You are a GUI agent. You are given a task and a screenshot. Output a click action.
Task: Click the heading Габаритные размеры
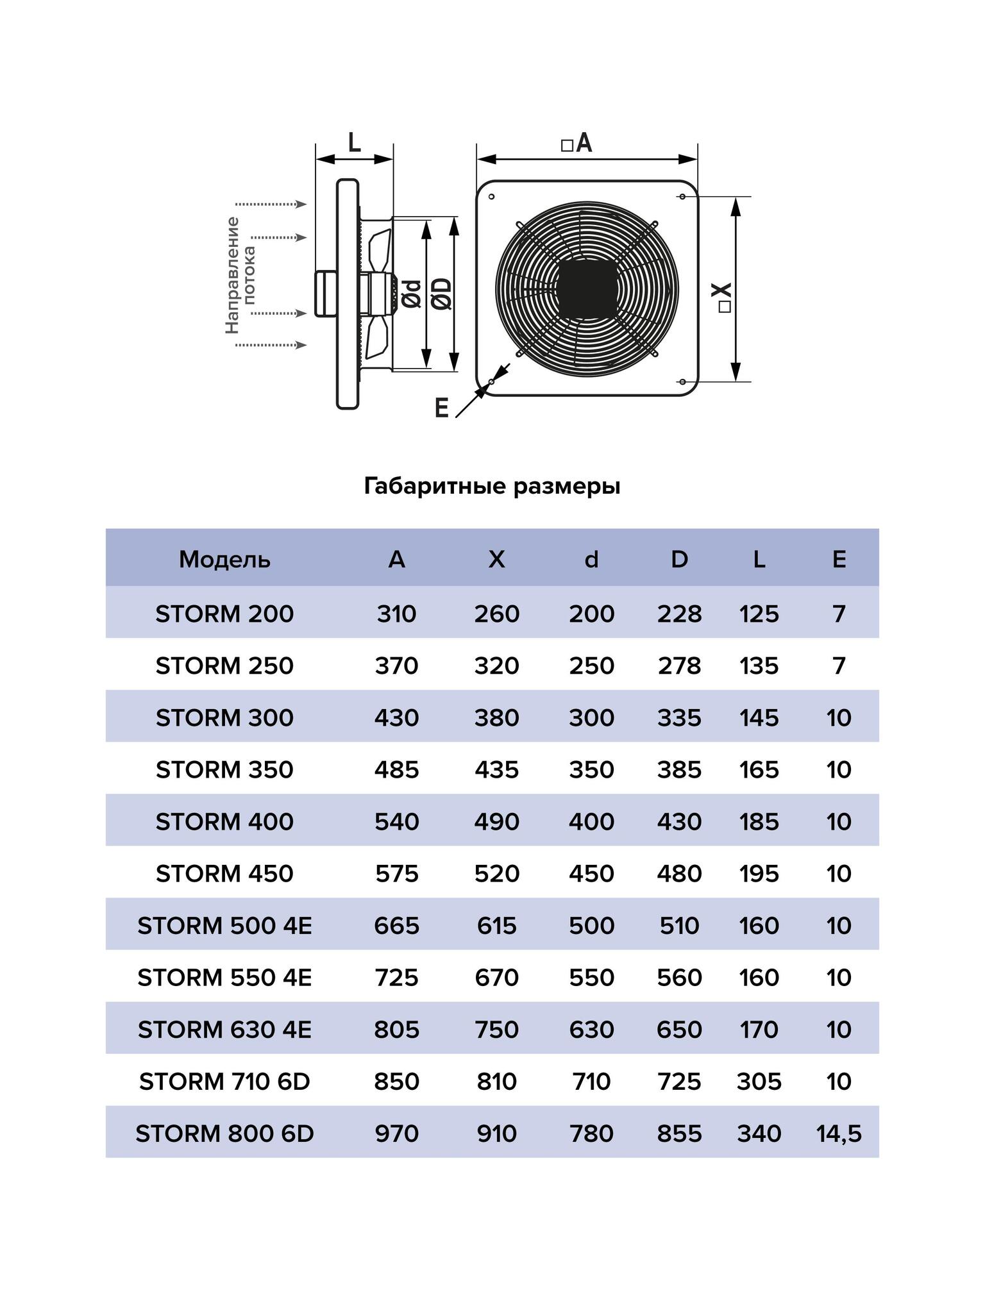coord(492,487)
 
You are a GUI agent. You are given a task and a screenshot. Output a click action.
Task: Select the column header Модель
coord(224,560)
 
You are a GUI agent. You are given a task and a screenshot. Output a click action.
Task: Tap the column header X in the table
coord(496,560)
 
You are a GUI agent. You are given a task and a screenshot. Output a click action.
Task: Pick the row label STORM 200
coord(224,614)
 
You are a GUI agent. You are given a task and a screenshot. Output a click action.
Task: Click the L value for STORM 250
coord(759,665)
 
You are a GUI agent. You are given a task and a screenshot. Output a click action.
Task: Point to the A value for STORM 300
coord(396,717)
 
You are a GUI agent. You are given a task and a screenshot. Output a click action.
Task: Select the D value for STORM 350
coord(679,769)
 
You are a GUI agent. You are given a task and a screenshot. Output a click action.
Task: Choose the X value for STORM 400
coord(496,821)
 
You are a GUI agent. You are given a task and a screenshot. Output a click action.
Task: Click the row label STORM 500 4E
coord(224,925)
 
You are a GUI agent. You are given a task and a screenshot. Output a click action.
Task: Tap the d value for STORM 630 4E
coord(591,1029)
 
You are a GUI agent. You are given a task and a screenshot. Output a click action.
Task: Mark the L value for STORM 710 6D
coord(759,1081)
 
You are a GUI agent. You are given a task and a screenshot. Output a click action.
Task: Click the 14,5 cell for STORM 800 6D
coord(838,1133)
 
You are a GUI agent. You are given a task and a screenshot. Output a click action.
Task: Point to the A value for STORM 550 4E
coord(396,977)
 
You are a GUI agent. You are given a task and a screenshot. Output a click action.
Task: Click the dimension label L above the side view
coord(354,142)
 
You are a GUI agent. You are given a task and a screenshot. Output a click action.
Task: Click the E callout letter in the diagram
coord(441,408)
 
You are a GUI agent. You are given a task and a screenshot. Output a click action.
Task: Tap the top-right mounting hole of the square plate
coord(682,196)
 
